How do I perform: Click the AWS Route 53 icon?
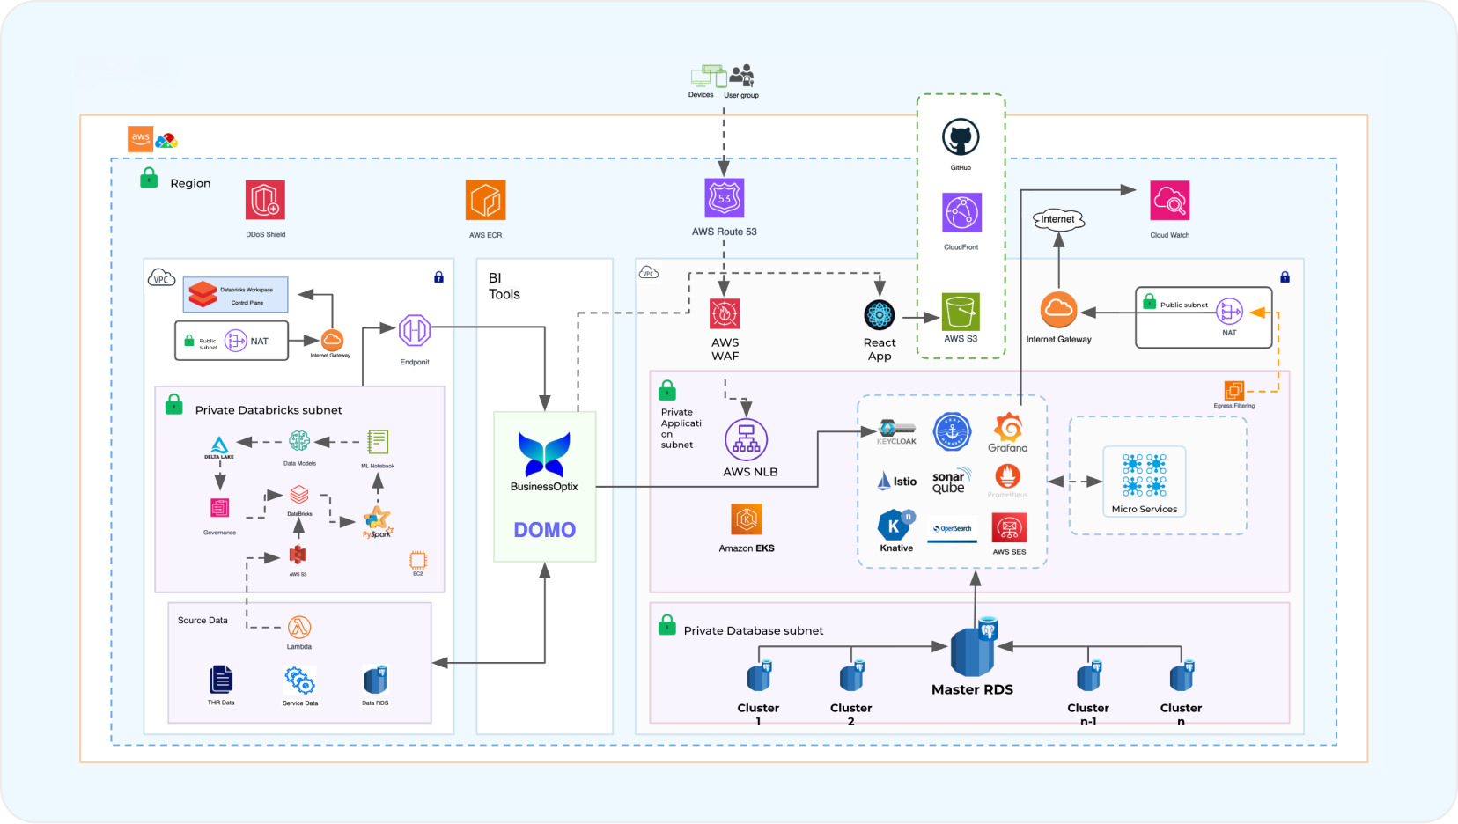pyautogui.click(x=725, y=198)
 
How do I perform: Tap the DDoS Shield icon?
pyautogui.click(x=265, y=200)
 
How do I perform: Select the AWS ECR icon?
pyautogui.click(x=485, y=200)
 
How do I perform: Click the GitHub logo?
pyautogui.click(x=961, y=138)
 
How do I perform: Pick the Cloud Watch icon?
pyautogui.click(x=1169, y=201)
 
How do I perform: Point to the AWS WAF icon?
pyautogui.click(x=725, y=313)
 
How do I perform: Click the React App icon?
pyautogui.click(x=879, y=314)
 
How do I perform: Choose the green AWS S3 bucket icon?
pyautogui.click(x=961, y=312)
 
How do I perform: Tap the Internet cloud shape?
pyautogui.click(x=1058, y=219)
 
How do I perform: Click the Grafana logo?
pyautogui.click(x=1008, y=428)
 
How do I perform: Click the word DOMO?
pyautogui.click(x=545, y=530)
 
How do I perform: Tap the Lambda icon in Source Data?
pyautogui.click(x=299, y=627)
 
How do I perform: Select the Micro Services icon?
pyautogui.click(x=1145, y=475)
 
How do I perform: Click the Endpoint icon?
pyautogui.click(x=414, y=331)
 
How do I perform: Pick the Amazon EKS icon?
pyautogui.click(x=747, y=519)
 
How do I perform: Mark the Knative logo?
pyautogui.click(x=895, y=526)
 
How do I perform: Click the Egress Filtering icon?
pyautogui.click(x=1234, y=390)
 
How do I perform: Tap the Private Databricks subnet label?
pyautogui.click(x=269, y=410)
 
